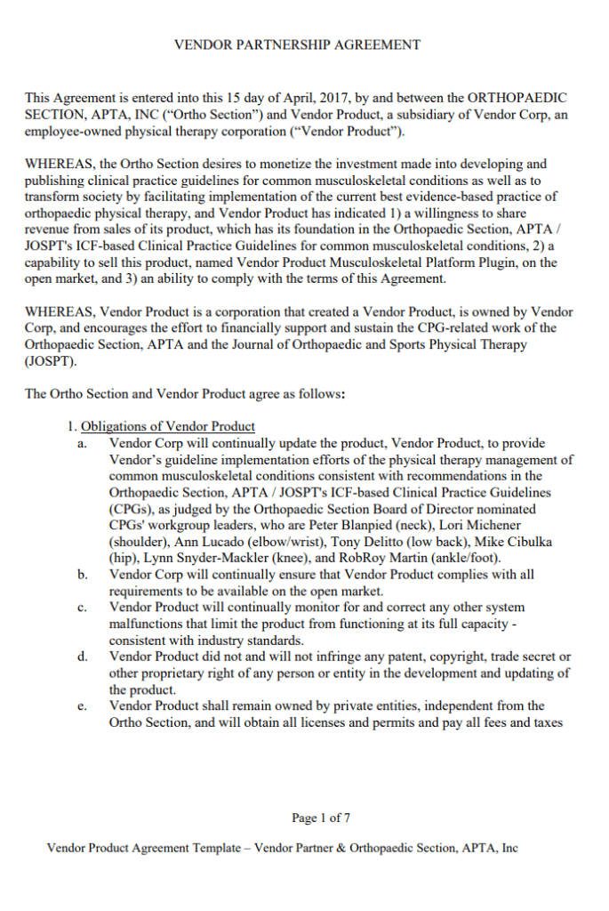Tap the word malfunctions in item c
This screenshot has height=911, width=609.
pos(148,625)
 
